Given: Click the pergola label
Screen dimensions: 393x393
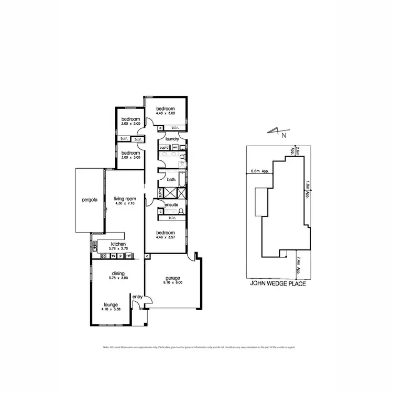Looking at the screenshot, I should [90, 200].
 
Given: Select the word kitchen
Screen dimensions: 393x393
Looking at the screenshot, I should [118, 244].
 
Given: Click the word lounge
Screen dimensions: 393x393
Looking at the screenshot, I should [110, 304].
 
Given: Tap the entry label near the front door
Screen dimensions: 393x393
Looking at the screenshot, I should [137, 297].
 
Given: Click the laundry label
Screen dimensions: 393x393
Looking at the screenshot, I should [172, 139].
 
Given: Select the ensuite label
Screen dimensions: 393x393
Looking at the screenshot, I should [171, 204].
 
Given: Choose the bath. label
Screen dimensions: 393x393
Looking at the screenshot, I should [171, 180].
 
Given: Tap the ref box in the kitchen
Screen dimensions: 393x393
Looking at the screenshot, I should [128, 256].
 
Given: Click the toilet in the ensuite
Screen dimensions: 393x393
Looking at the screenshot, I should [180, 212].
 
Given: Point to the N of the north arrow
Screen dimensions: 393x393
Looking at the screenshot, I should [284, 135].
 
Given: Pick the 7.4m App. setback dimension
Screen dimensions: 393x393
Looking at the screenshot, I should [299, 265].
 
